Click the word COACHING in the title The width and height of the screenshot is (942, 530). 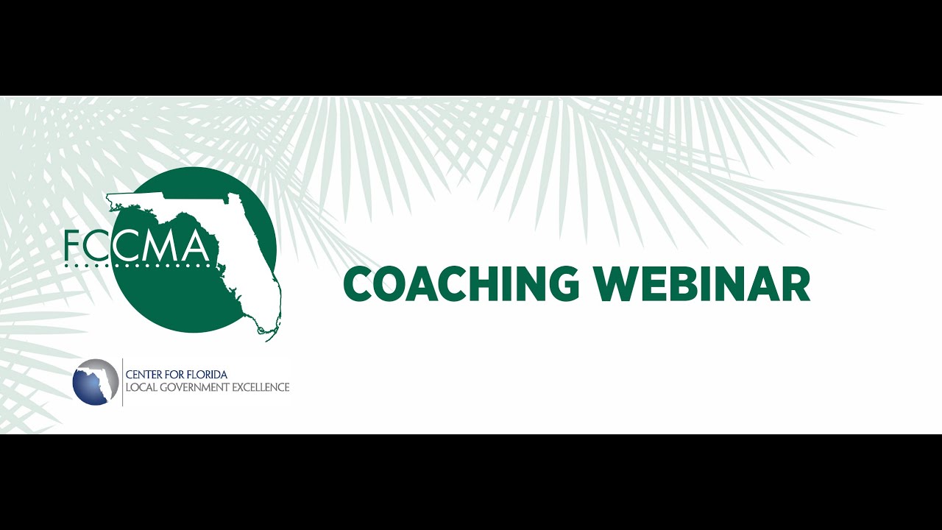point(462,284)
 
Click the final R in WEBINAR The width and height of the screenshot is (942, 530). point(796,284)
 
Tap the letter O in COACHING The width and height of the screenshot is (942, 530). point(390,284)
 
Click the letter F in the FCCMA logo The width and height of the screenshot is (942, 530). point(73,247)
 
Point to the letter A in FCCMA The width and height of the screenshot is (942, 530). point(193,247)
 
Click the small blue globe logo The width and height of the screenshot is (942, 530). point(96,382)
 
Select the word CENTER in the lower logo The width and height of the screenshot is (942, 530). point(144,375)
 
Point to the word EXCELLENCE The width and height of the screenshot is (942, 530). point(261,387)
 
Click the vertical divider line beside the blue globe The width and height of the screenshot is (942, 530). point(122,382)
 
